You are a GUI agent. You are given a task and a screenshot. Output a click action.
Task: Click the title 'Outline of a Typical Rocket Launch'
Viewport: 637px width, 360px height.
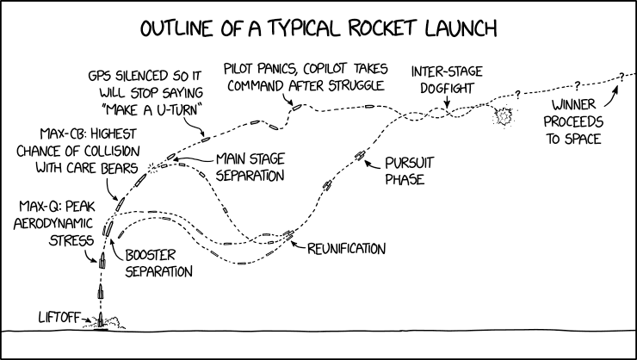point(318,28)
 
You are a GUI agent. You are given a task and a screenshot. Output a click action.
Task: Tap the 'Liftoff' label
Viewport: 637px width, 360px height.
point(59,317)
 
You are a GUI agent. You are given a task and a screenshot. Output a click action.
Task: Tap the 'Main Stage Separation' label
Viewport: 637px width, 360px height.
point(250,166)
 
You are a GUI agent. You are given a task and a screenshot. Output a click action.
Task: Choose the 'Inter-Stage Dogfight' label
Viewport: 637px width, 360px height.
point(447,79)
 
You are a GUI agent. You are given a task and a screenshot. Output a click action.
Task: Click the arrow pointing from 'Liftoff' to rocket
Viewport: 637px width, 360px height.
point(86,320)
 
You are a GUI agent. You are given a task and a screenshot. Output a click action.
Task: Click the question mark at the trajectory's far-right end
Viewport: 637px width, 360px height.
point(619,77)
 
